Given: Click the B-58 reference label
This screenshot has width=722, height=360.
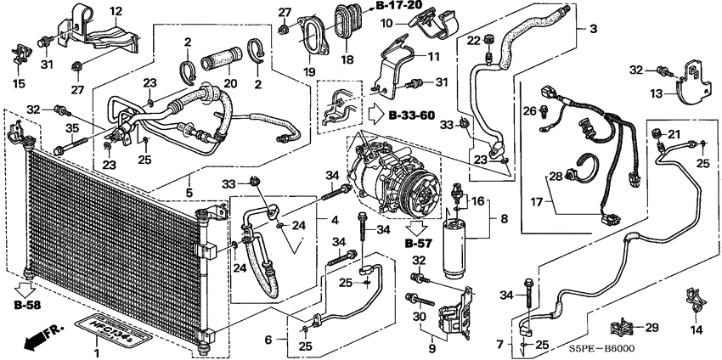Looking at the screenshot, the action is tap(25, 304).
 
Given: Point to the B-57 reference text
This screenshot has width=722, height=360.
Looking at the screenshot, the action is tap(419, 244).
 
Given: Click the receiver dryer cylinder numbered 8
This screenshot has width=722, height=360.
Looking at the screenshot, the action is tap(454, 249).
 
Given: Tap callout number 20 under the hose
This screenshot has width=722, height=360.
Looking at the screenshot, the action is tap(230, 83).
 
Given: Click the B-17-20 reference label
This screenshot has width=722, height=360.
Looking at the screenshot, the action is tap(398, 5).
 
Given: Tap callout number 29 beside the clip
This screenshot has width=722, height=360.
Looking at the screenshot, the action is tap(651, 328).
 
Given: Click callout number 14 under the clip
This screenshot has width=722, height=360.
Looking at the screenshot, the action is tap(696, 329).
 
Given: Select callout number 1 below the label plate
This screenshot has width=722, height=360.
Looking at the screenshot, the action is tap(96, 353).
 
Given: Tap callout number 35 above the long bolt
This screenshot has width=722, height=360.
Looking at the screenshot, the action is tap(71, 128).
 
